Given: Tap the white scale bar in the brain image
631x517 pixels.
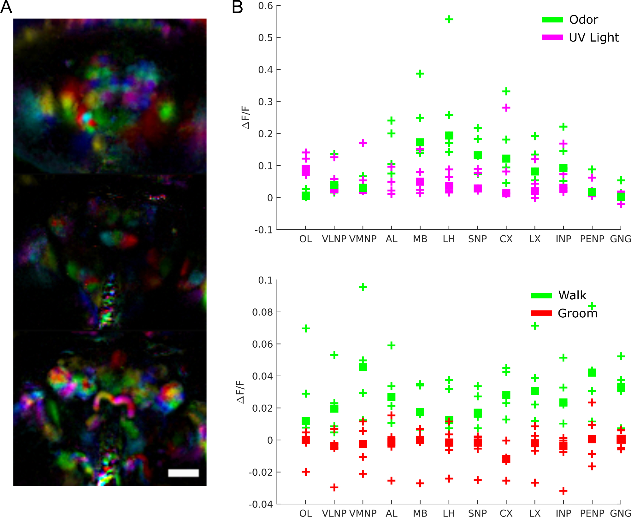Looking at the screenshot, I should pyautogui.click(x=183, y=473).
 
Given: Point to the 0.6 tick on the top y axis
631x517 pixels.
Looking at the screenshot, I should pyautogui.click(x=265, y=6).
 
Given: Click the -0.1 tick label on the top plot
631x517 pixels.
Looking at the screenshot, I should pyautogui.click(x=264, y=230).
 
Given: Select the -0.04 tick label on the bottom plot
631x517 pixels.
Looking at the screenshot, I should pyautogui.click(x=261, y=504).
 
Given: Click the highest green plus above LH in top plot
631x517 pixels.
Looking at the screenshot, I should pyautogui.click(x=449, y=20).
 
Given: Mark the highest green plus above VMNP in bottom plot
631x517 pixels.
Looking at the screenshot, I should pyautogui.click(x=363, y=287).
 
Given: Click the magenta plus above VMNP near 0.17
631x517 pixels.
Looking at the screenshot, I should pyautogui.click(x=363, y=143).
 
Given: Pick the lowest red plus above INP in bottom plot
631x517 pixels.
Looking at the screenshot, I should pyautogui.click(x=563, y=491).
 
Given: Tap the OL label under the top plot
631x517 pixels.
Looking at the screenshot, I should pyautogui.click(x=305, y=239).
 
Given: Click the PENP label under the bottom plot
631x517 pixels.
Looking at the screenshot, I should pyautogui.click(x=592, y=513).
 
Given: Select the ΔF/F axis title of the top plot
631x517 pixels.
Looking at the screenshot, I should pyautogui.click(x=246, y=117).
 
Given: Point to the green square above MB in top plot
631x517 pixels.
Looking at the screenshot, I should pyautogui.click(x=420, y=142).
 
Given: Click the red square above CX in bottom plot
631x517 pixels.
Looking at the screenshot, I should pyautogui.click(x=506, y=459).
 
